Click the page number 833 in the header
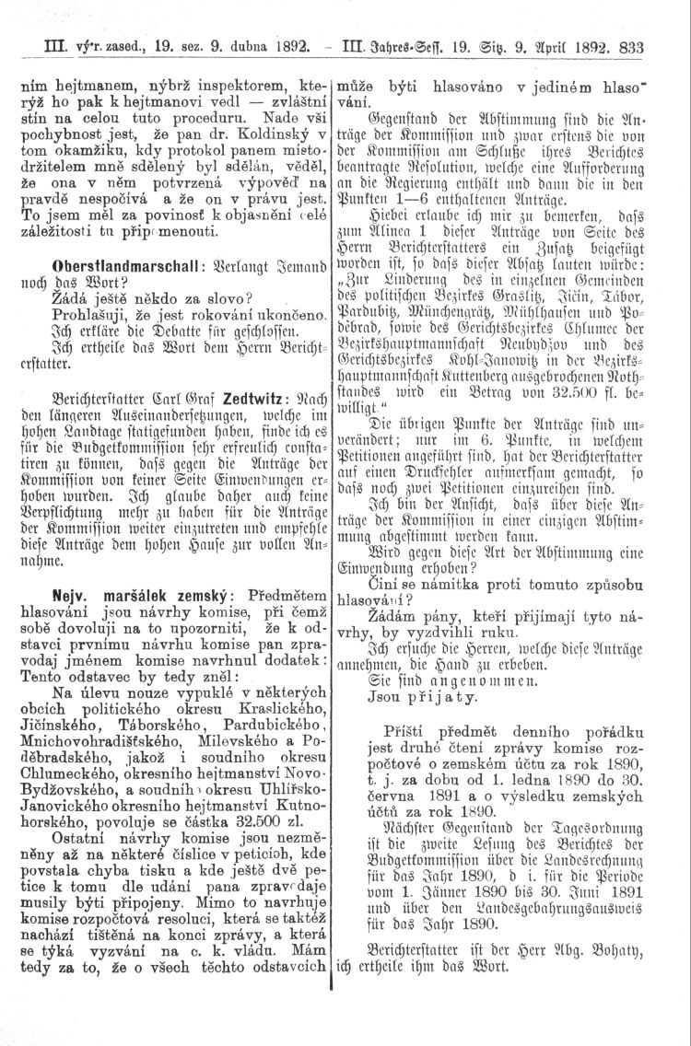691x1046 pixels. pos(667,50)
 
